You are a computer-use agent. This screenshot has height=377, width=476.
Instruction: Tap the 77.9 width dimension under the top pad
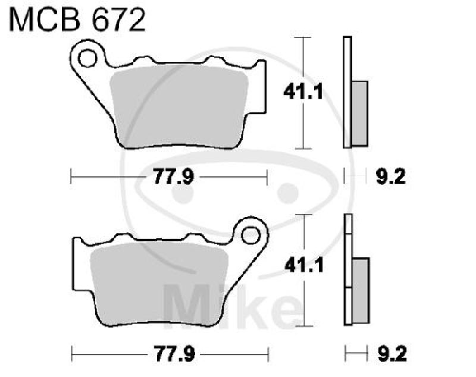pyautogui.click(x=168, y=177)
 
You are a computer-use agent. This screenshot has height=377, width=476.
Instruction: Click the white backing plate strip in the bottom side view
pyautogui.click(x=348, y=271)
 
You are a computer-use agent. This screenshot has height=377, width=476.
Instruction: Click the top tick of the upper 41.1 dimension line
pyautogui.click(x=304, y=37)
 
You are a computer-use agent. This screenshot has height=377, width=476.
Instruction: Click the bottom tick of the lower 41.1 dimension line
pyautogui.click(x=304, y=325)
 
